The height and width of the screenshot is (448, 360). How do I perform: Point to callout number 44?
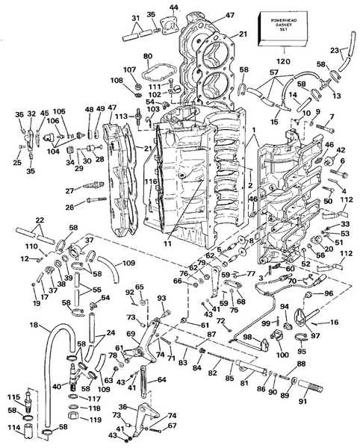pyautogui.click(x=173, y=7)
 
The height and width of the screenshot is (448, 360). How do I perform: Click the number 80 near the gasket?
pyautogui.click(x=147, y=56)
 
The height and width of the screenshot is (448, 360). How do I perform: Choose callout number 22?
pyautogui.click(x=39, y=220)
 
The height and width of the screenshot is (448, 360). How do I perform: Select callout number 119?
pyautogui.click(x=75, y=420)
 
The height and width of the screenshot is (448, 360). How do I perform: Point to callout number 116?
pyautogui.click(x=150, y=182)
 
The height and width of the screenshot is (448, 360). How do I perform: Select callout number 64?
pyautogui.click(x=162, y=380)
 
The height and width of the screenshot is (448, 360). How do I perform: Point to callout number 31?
pyautogui.click(x=135, y=18)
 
